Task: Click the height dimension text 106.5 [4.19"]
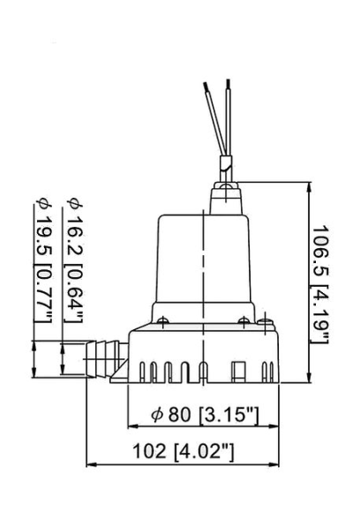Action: [322, 284]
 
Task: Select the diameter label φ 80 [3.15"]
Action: [204, 413]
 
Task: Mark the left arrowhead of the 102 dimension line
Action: [89, 463]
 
